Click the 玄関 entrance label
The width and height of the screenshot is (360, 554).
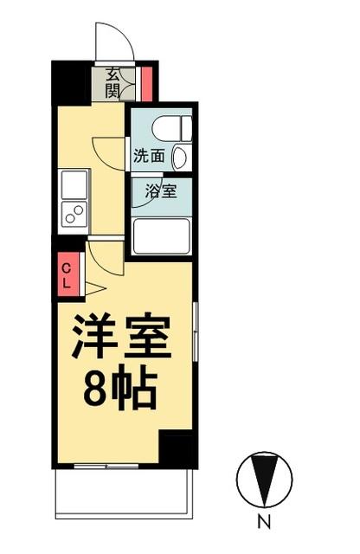[x=112, y=81]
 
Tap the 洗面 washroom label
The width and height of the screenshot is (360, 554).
[x=148, y=156]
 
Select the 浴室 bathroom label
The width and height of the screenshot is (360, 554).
[x=161, y=191]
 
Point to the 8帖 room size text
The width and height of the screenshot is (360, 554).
[x=120, y=390]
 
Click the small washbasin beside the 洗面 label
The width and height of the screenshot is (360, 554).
[x=178, y=158]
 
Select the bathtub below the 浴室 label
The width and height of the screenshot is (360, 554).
[x=161, y=235]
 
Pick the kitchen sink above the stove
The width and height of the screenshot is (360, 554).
[x=74, y=183]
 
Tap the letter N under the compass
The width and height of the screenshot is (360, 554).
[x=265, y=522]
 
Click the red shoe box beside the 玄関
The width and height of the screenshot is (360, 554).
[x=147, y=83]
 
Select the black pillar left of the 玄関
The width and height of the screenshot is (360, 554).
[x=72, y=81]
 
